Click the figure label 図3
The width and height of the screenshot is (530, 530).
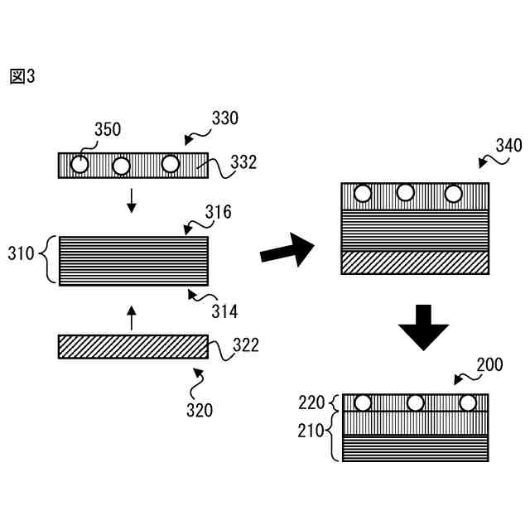pyautogui.click(x=23, y=77)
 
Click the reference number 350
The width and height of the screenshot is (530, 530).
pyautogui.click(x=107, y=129)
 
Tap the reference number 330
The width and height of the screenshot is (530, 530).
pyautogui.click(x=224, y=118)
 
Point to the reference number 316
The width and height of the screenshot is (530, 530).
pyautogui.click(x=218, y=213)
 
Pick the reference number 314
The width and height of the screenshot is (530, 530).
pyautogui.click(x=224, y=311)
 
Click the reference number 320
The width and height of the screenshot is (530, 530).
pyautogui.click(x=200, y=409)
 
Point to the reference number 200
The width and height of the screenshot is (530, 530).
pyautogui.click(x=489, y=364)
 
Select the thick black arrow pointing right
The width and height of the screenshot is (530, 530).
pyautogui.click(x=287, y=250)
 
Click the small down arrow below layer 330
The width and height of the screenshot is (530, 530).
pyautogui.click(x=130, y=200)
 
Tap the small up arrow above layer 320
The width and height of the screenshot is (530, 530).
pyautogui.click(x=130, y=316)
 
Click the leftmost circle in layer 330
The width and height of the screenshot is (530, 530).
pyautogui.click(x=79, y=165)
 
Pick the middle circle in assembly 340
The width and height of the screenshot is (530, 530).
pyautogui.click(x=406, y=194)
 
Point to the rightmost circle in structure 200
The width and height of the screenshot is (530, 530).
pyautogui.click(x=468, y=403)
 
